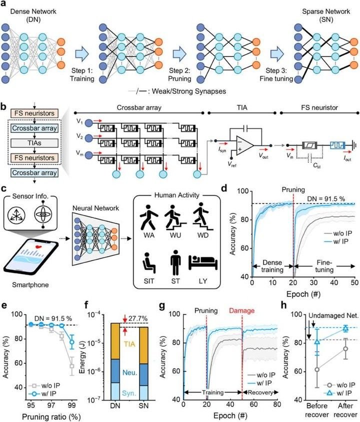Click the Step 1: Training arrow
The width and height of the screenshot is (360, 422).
(82, 54)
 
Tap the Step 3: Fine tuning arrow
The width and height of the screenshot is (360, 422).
(277, 54)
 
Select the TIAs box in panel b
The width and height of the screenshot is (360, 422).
(34, 143)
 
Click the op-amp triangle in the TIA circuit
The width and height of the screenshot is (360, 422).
(244, 145)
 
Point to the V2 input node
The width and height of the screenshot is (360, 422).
(89, 138)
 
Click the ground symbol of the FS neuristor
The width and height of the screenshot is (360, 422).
(355, 145)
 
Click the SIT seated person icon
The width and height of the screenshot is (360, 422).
(148, 263)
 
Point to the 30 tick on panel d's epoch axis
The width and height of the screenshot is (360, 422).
(313, 282)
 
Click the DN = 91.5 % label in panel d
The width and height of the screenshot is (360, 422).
(326, 199)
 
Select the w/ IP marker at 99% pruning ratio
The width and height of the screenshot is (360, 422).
(72, 342)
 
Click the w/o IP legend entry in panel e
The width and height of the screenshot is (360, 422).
(44, 385)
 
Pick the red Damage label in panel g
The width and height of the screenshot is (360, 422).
(241, 310)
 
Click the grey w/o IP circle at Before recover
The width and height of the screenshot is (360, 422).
(317, 369)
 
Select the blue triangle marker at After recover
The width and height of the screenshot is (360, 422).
(345, 328)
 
